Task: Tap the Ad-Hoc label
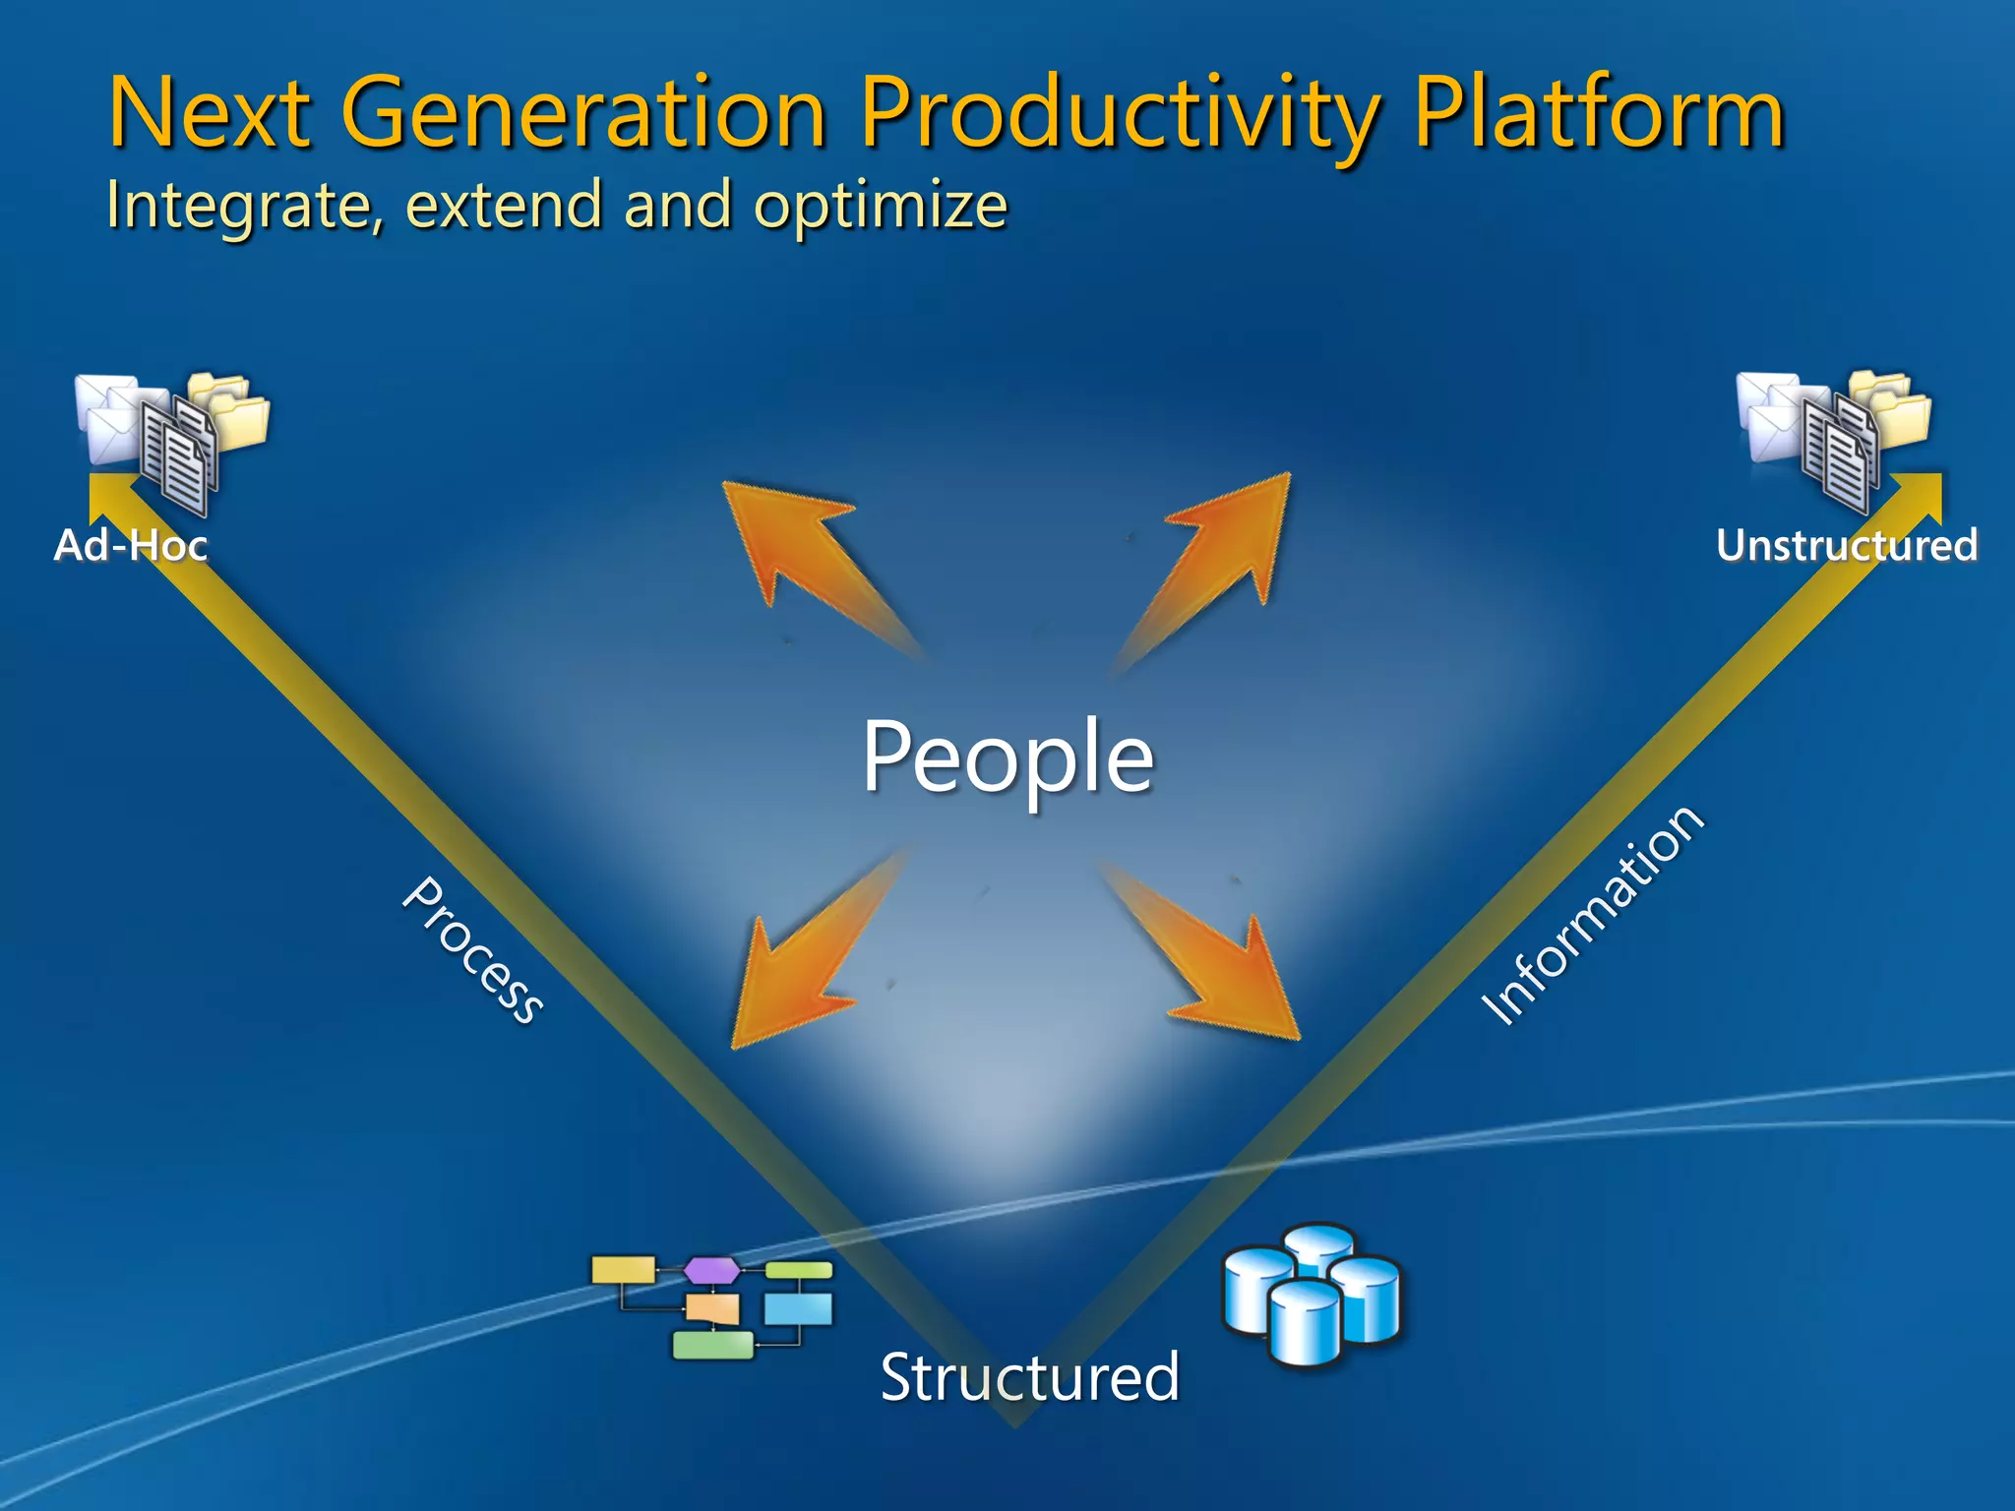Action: click(x=131, y=545)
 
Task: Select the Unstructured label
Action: click(x=1846, y=545)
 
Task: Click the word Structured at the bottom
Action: click(x=1029, y=1376)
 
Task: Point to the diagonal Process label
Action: click(x=473, y=950)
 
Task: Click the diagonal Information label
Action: click(x=1592, y=916)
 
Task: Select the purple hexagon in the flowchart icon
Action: click(x=711, y=1270)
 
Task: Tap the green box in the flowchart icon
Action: click(x=713, y=1344)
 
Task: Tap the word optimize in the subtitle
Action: click(x=880, y=206)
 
